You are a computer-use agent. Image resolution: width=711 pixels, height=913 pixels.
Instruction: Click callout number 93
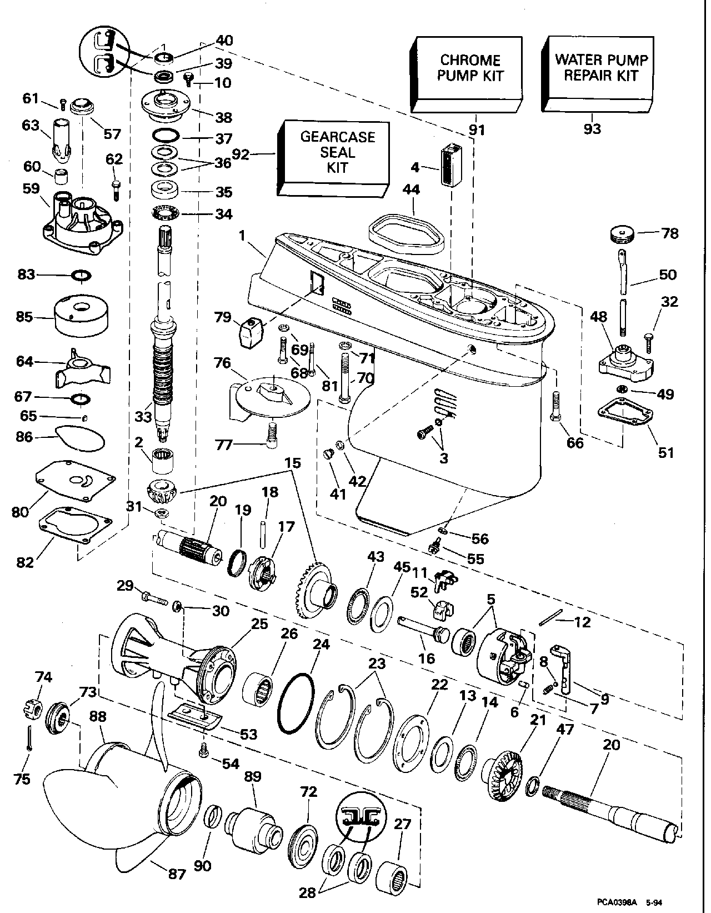click(x=592, y=129)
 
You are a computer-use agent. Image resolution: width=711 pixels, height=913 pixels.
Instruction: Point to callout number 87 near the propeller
click(x=177, y=874)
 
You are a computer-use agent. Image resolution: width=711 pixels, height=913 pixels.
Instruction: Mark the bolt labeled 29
click(x=152, y=599)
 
